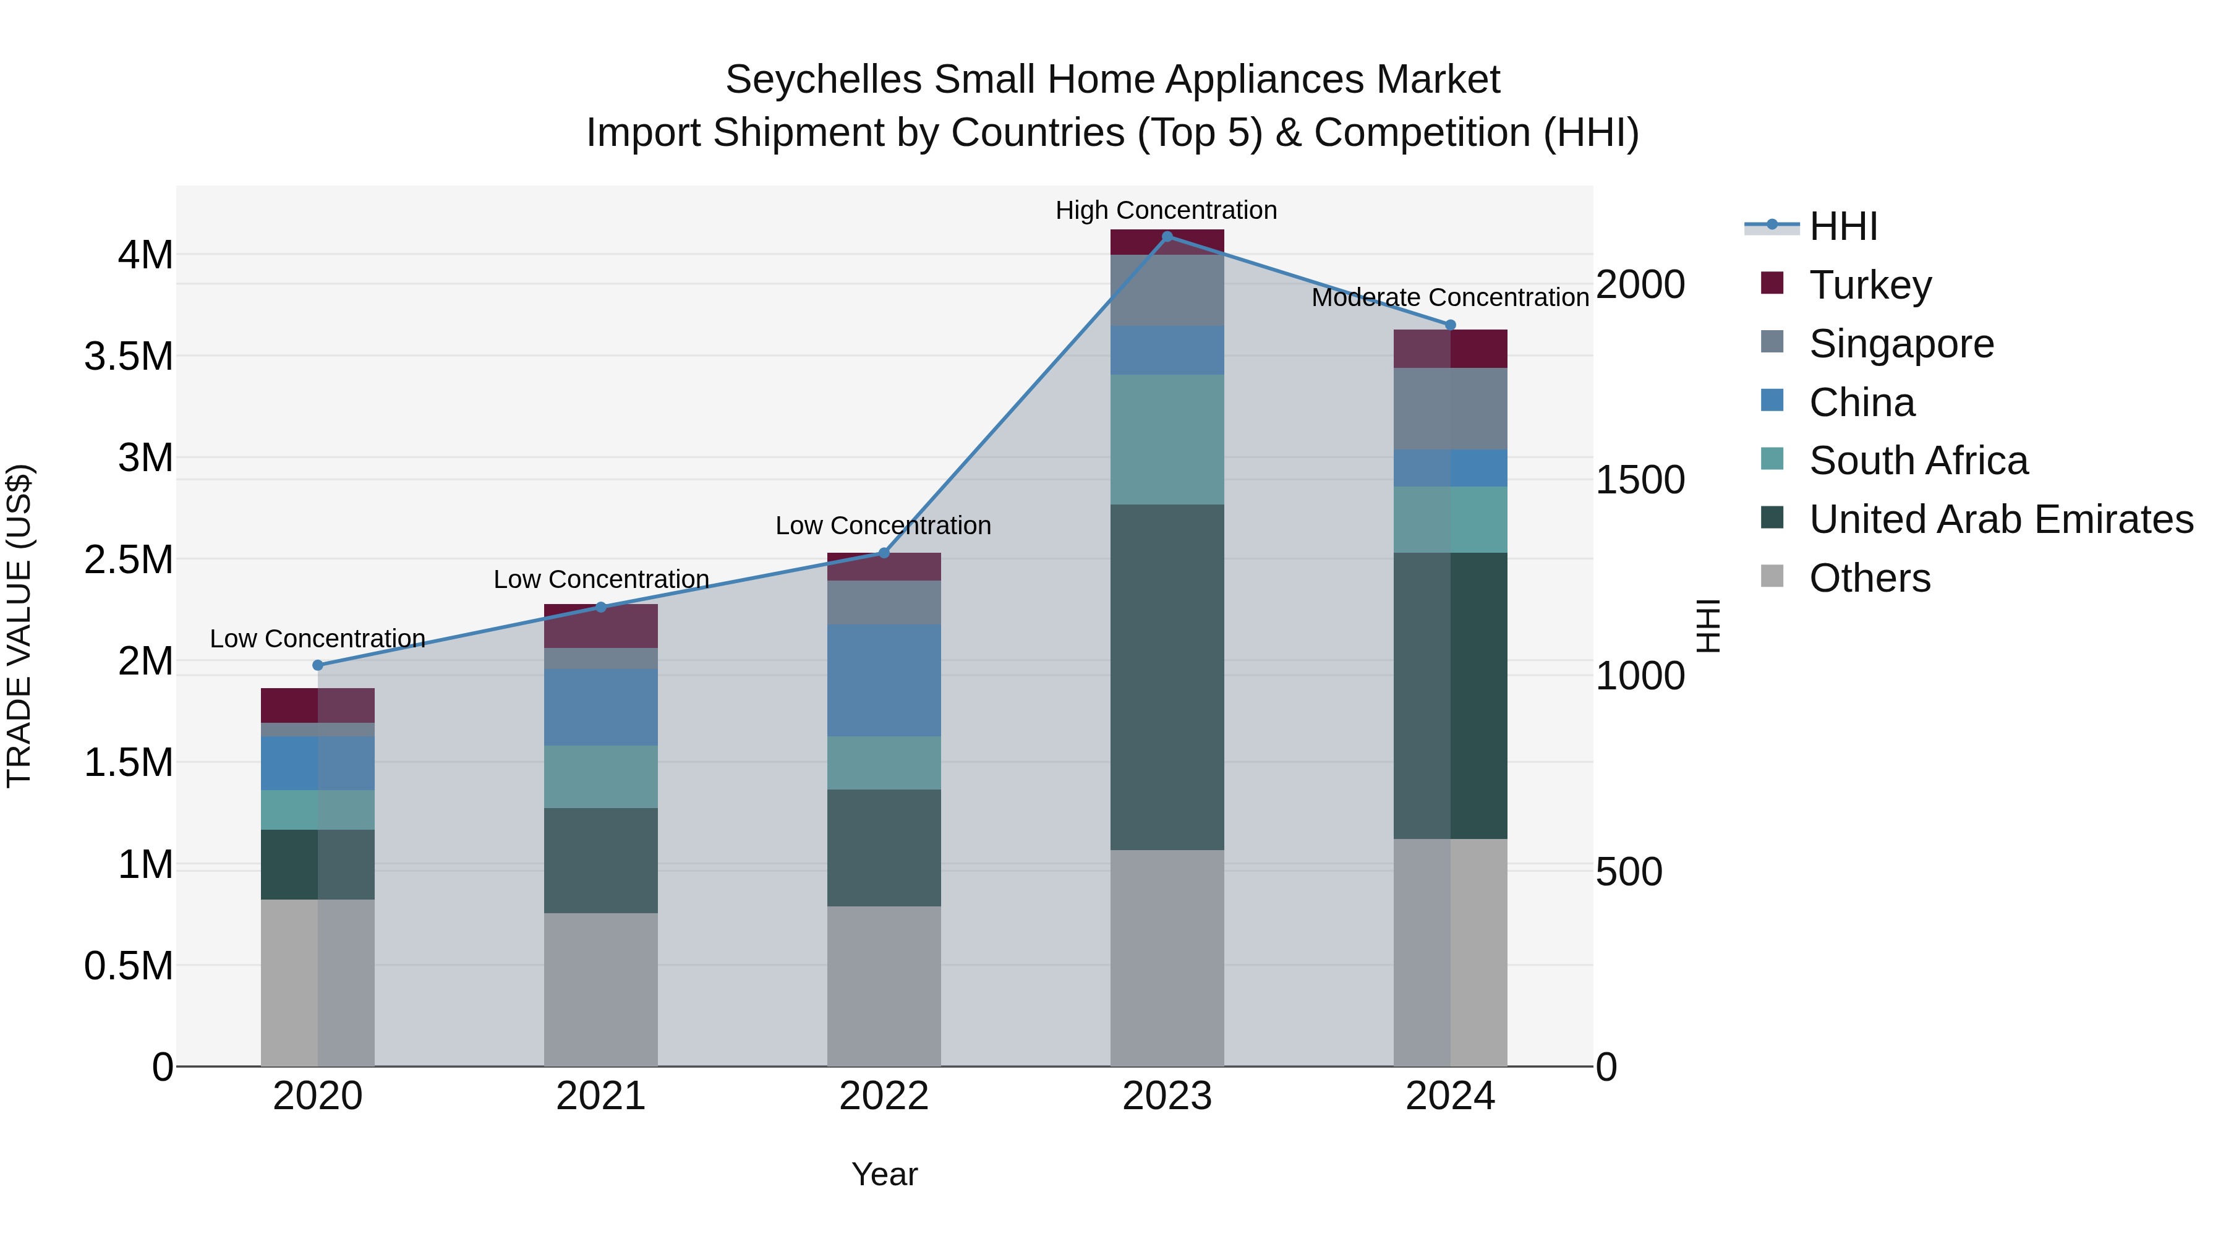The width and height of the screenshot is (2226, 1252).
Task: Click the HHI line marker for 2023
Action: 1167,237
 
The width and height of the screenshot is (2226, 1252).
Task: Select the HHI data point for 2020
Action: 318,665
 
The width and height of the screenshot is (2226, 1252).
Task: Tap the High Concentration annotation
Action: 1166,210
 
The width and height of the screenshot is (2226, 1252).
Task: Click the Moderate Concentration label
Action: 1449,297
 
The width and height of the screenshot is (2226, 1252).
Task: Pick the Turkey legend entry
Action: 1869,284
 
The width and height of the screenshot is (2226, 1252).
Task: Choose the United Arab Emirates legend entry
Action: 2000,519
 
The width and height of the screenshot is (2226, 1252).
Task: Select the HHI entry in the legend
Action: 1843,226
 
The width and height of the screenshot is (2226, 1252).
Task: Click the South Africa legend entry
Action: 1917,461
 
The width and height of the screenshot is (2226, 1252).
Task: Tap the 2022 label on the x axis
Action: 883,1096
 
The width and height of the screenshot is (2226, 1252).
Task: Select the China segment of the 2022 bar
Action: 883,680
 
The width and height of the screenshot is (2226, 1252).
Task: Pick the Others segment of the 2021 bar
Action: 600,989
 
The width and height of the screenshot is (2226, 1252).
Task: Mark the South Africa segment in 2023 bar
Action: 1167,439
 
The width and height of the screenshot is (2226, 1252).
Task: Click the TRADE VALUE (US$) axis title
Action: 19,626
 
